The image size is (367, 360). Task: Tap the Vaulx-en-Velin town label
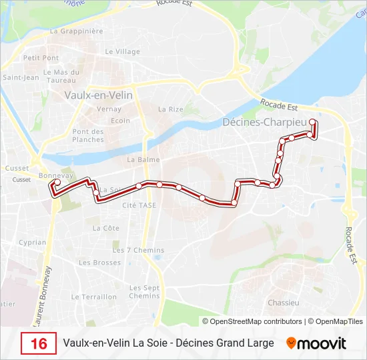coord(98,95)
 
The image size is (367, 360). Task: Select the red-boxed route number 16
coord(39,343)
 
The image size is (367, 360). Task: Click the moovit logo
coord(316,343)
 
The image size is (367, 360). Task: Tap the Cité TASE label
coord(139,205)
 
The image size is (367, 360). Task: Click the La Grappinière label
coord(77,31)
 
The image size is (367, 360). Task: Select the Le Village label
coord(123,51)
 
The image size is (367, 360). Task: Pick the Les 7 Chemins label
coord(138,250)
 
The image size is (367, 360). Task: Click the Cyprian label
coord(33,243)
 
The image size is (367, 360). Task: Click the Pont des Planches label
coord(88,135)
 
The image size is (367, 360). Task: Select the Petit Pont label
coord(41,58)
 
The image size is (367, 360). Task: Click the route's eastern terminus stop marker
coord(312,122)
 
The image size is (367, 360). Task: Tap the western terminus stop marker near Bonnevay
coord(57,182)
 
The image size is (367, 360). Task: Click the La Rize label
coord(170,109)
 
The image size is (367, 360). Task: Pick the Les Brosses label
coord(100,263)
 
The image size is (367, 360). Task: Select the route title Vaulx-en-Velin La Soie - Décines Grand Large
coord(168,343)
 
